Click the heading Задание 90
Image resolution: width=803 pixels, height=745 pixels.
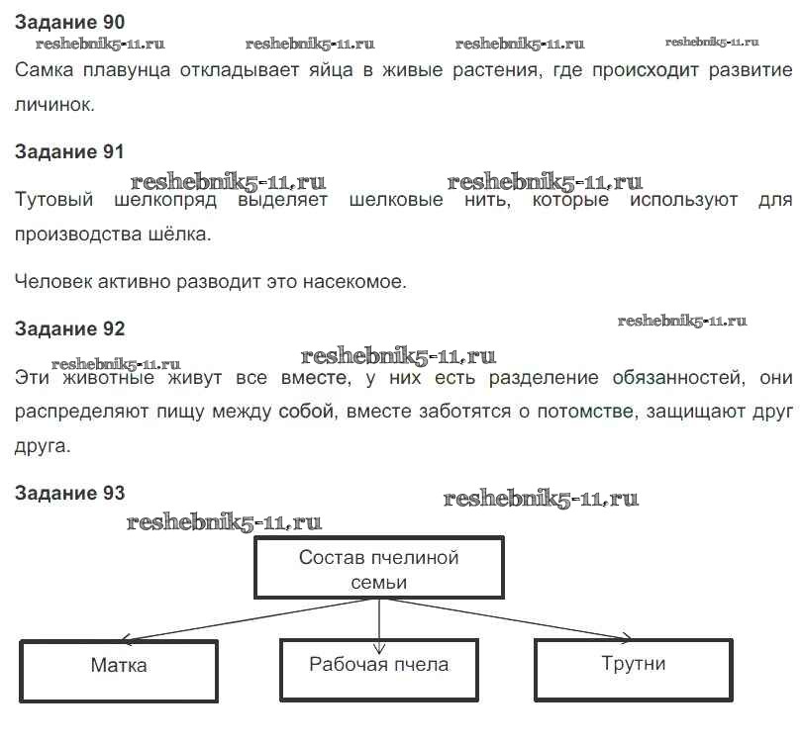[x=70, y=21]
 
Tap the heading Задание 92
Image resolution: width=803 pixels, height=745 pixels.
[x=70, y=328]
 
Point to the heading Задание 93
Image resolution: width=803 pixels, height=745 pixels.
[x=70, y=493]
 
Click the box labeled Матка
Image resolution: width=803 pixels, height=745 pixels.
[x=119, y=670]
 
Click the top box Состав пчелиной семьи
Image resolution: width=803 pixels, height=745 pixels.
[x=379, y=568]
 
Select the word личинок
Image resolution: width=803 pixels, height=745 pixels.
[x=55, y=104]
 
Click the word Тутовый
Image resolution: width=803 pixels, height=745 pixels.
[x=55, y=201]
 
